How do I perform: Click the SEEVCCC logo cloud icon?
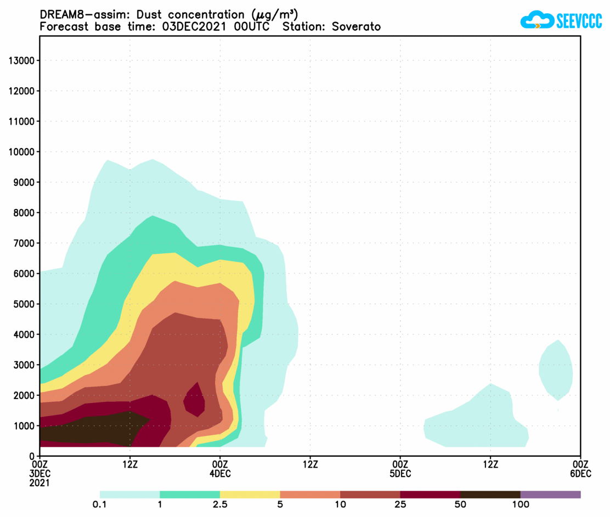536,20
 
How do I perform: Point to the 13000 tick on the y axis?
22,60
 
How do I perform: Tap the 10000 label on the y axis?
22,152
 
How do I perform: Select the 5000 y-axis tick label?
25,304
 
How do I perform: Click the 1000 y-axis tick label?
25,425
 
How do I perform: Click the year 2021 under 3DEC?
40,483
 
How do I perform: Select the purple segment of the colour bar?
550,495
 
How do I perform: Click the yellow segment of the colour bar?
250,495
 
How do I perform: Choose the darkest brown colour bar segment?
490,495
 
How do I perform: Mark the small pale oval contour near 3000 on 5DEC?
556,370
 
